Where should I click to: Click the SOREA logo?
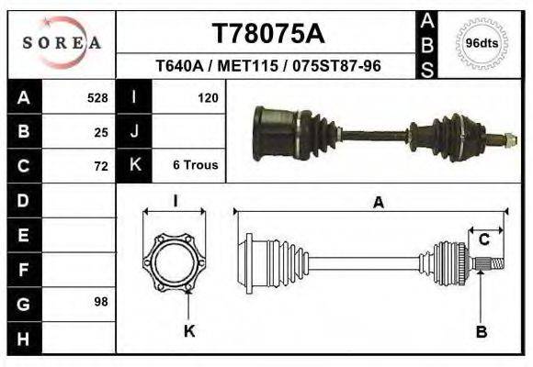62,42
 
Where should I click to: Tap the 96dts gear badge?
482,43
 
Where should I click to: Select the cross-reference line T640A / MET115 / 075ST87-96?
268,67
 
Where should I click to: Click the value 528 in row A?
97,97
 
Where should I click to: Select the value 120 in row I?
208,97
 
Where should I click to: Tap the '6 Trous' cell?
195,166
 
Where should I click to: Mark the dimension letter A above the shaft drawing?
378,204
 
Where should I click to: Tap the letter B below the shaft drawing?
481,331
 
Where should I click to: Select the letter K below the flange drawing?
189,331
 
